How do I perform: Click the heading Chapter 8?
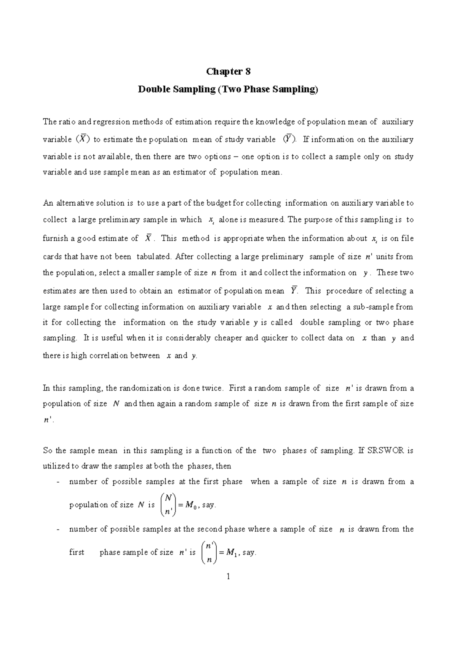pyautogui.click(x=228, y=72)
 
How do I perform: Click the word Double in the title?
pyautogui.click(x=152, y=90)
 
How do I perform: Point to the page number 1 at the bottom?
pyautogui.click(x=228, y=576)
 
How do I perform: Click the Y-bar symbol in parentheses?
pyautogui.click(x=288, y=139)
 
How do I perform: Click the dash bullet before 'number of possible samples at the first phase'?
pyautogui.click(x=58, y=482)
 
